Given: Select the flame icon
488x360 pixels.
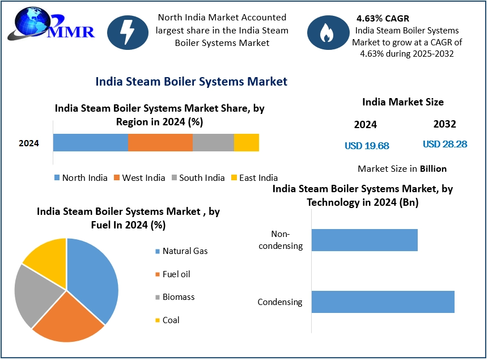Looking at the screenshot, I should click(x=326, y=32).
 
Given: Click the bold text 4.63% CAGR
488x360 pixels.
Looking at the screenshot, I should click(x=383, y=19).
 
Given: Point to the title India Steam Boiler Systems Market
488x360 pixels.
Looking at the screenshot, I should click(x=191, y=82).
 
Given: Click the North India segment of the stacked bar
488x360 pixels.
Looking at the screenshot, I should click(x=91, y=143).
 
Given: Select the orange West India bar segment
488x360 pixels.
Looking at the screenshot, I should click(x=160, y=143).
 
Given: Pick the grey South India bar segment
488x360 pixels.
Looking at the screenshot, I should click(x=213, y=143).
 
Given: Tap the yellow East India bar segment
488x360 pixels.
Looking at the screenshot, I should click(x=247, y=143).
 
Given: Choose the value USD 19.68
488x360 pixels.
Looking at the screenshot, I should click(x=367, y=146).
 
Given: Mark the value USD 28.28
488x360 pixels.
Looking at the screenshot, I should click(x=445, y=144).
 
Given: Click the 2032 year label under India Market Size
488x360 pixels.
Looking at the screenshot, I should click(x=444, y=124).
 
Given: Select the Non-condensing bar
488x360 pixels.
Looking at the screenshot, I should click(x=364, y=240).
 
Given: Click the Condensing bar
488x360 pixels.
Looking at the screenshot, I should click(x=383, y=302).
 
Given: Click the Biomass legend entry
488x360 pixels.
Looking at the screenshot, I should click(x=178, y=297).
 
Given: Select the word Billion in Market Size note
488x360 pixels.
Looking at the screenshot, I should click(x=433, y=168).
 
